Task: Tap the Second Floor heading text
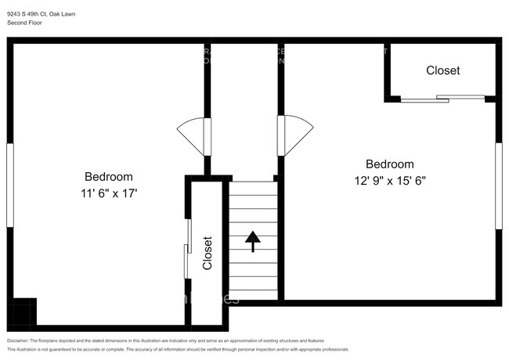pos(25,23)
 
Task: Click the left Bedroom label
pos(108,177)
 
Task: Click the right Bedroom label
pos(390,164)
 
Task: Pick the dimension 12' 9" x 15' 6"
pos(390,180)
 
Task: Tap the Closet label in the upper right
pos(442,70)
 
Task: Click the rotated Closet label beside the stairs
pos(208,253)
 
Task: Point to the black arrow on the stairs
pos(252,241)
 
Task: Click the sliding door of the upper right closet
pos(443,99)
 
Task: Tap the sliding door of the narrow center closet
pos(188,249)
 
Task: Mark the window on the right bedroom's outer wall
pos(498,186)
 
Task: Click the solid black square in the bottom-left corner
pos(23,311)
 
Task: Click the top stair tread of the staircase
pos(252,189)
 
